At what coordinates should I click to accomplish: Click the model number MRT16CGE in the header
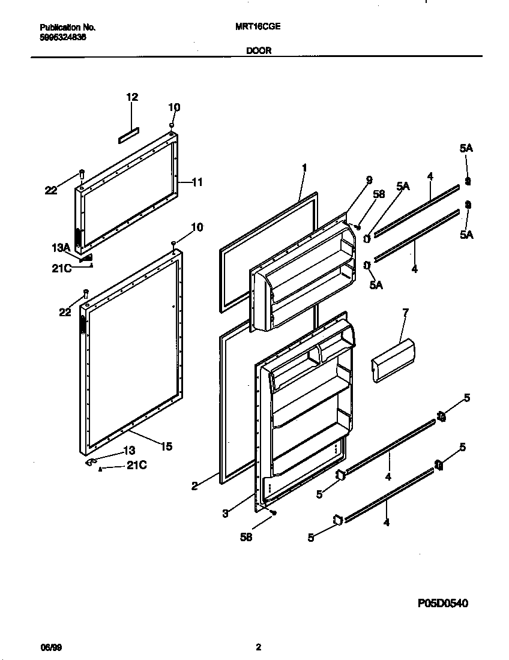(x=264, y=27)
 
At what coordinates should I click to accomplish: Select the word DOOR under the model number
(x=259, y=51)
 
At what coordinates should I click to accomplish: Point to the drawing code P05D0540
(x=442, y=603)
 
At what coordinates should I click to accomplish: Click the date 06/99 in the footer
(x=50, y=647)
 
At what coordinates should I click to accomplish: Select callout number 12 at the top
(x=132, y=97)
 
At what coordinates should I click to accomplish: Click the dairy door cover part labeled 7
(x=393, y=360)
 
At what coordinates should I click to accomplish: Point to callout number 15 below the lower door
(x=166, y=446)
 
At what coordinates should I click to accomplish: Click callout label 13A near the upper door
(x=61, y=247)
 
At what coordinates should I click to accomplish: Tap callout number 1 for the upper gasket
(x=304, y=167)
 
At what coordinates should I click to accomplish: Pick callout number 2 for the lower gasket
(x=194, y=487)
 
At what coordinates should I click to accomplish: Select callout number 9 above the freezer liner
(x=369, y=179)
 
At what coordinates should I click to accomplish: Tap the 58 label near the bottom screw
(x=246, y=537)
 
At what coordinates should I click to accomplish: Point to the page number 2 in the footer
(x=258, y=647)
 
